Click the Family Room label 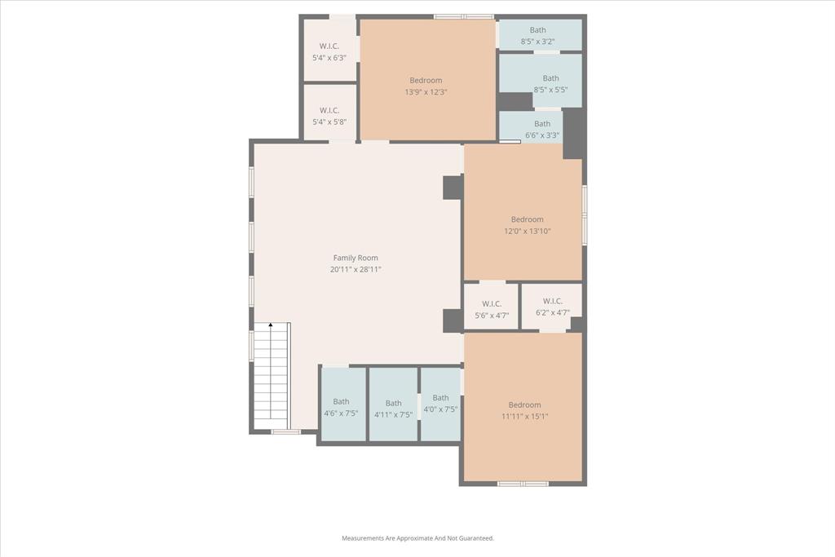[355, 258]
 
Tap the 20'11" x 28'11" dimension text [355, 269]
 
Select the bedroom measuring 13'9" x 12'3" [426, 86]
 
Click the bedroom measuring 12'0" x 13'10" [527, 224]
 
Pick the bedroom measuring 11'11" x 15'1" [524, 410]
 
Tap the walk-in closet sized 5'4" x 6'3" [329, 51]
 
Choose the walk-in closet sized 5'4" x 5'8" [329, 116]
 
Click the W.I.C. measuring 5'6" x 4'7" [491, 309]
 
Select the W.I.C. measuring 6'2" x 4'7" [552, 307]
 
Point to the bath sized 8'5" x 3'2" [538, 35]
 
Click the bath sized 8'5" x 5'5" [550, 84]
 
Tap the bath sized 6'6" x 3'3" [541, 130]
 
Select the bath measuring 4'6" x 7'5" [341, 407]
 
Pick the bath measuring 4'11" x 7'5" [393, 408]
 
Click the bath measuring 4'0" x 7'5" [440, 404]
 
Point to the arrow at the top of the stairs [271, 326]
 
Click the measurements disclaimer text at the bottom [417, 538]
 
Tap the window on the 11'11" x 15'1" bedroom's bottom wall [523, 484]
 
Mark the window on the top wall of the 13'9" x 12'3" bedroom [463, 16]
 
